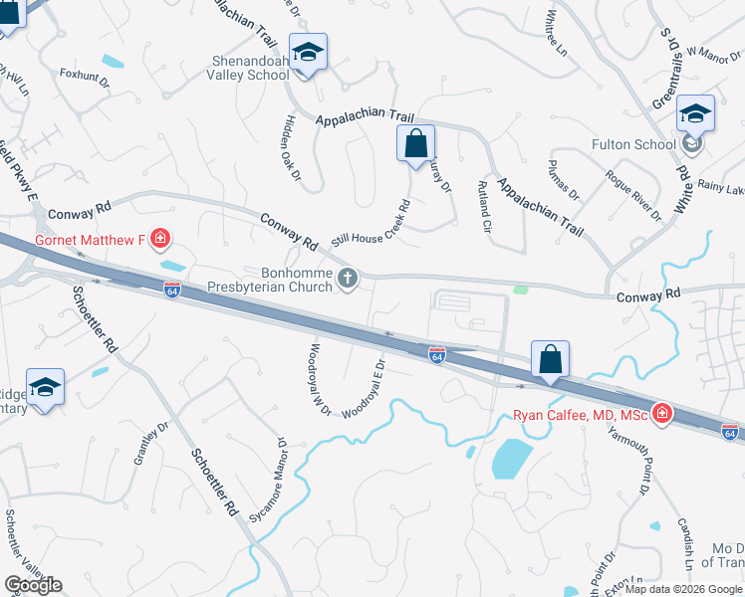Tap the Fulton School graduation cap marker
695,114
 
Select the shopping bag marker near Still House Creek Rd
415,143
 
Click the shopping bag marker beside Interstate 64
550,359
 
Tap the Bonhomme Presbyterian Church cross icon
349,278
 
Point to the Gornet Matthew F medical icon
160,239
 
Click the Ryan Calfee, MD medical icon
661,415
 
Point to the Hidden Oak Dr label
291,147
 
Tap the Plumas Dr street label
563,178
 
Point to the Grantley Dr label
146,448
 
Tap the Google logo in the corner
33,585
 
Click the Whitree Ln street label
558,32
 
